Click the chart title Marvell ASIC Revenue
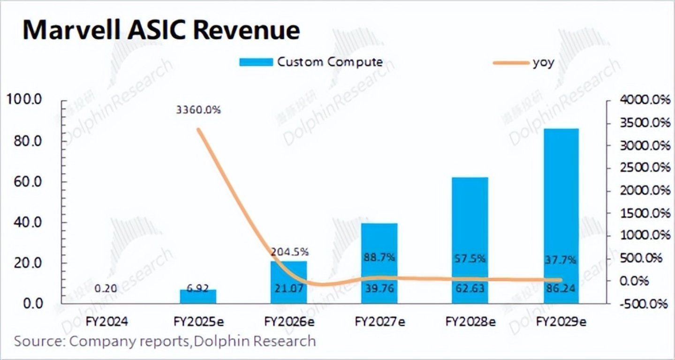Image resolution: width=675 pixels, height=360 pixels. pos(161,30)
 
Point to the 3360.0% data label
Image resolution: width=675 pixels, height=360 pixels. pos(198,111)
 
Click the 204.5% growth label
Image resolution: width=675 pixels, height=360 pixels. pos(288,252)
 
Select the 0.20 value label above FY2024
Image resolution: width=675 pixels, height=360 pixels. pos(107,290)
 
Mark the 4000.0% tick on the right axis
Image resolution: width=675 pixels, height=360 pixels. pos(644,100)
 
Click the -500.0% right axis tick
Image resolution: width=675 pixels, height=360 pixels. pos(644,304)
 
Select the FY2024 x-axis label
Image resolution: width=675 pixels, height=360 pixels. pos(107,322)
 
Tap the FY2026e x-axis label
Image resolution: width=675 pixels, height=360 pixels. pos(289,322)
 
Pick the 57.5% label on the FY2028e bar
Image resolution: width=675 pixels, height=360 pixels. pos(470,259)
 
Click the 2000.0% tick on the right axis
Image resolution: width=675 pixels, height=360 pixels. pos(644,191)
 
